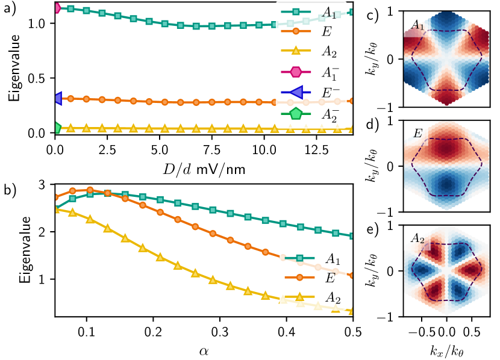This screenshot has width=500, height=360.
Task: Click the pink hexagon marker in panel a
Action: (x=56, y=8)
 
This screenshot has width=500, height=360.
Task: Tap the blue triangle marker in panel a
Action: (x=56, y=98)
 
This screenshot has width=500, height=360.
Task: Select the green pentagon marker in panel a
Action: (x=56, y=128)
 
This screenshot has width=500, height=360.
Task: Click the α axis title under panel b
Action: (x=204, y=348)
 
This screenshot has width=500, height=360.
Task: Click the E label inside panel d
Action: (x=416, y=132)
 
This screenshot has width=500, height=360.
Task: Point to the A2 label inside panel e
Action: (x=418, y=238)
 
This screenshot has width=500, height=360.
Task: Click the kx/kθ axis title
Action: (x=447, y=350)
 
